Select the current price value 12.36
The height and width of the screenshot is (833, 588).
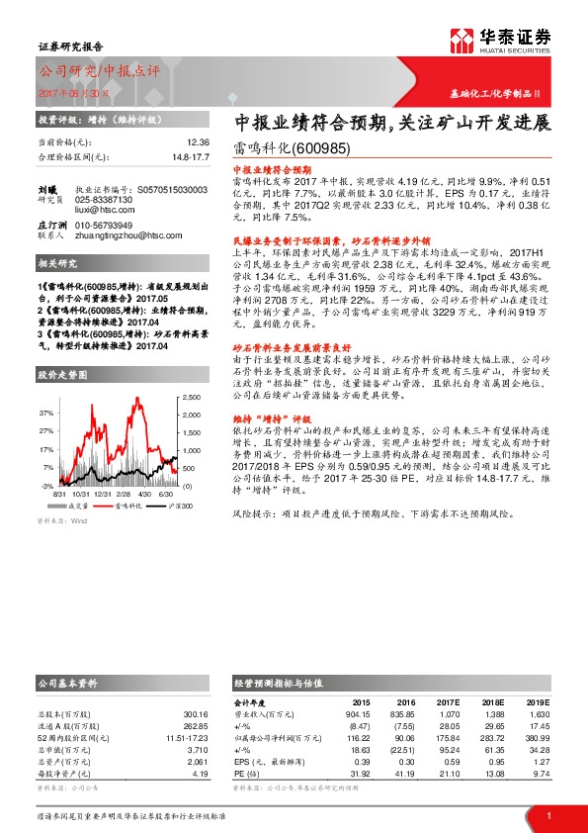tap(198, 142)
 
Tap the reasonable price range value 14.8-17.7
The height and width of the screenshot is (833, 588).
tap(192, 156)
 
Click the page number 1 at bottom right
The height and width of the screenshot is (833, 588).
tap(547, 815)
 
